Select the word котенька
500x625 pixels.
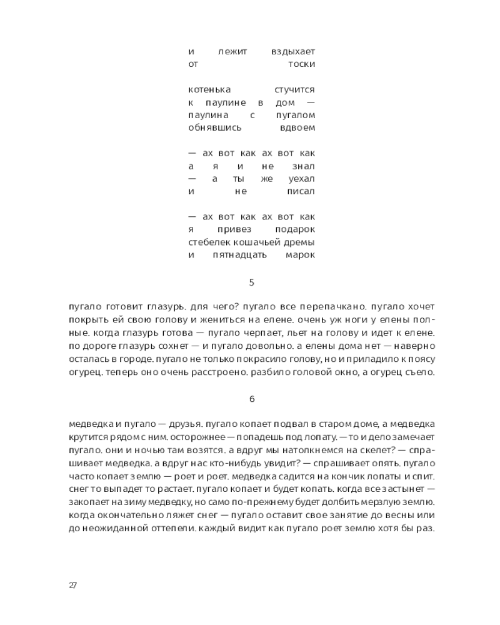click(209, 90)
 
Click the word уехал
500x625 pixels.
click(301, 179)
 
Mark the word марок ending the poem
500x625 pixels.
click(300, 255)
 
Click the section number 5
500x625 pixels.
click(251, 282)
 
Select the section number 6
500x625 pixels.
click(251, 398)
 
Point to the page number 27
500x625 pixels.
click(72, 585)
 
